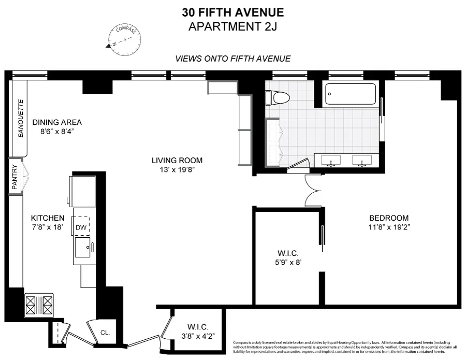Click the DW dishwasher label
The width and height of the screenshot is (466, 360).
[81, 226]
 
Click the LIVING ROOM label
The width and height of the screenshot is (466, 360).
[177, 160]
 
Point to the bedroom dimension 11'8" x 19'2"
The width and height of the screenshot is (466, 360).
[389, 227]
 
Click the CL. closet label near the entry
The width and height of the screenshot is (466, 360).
[105, 332]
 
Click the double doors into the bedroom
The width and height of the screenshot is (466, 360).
[313, 190]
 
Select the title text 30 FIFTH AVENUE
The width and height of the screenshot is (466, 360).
[233, 12]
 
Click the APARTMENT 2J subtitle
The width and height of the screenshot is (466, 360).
[233, 26]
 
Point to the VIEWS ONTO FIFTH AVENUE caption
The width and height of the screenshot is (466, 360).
[233, 59]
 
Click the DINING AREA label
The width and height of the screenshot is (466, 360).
[57, 122]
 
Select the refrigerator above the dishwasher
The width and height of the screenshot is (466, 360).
[83, 191]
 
